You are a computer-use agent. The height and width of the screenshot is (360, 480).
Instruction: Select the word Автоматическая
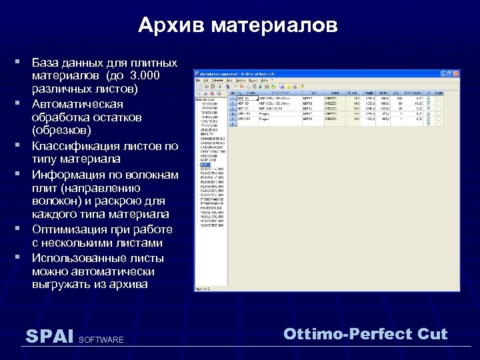tap(77, 104)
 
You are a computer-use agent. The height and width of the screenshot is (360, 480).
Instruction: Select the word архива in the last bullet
tap(130, 285)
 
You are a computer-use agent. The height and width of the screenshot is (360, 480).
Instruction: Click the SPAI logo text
tap(49, 336)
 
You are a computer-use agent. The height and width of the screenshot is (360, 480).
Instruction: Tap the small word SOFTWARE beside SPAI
tap(101, 340)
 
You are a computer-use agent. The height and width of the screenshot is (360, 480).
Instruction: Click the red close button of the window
tap(456, 73)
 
